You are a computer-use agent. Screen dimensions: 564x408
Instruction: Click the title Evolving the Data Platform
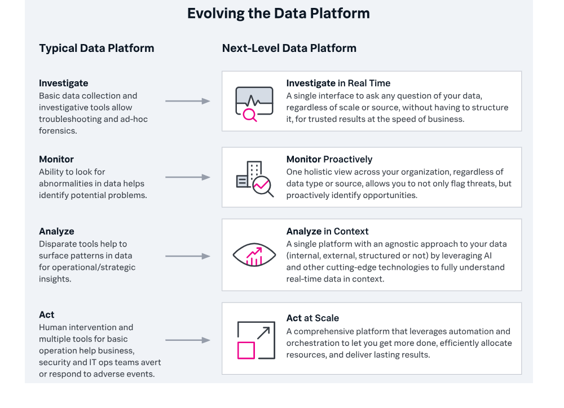[x=279, y=14]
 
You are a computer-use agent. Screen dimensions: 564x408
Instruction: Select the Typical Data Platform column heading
[x=96, y=48]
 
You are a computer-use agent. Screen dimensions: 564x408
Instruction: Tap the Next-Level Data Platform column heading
[x=289, y=48]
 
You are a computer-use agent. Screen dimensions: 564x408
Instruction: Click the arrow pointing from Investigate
[x=188, y=101]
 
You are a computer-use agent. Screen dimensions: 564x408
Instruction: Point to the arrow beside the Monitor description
[x=188, y=177]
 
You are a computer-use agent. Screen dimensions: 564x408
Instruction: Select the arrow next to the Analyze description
[x=188, y=256]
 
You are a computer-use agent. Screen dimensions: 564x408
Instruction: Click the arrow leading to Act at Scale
[x=188, y=340]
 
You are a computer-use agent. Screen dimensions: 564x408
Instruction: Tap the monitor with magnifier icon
[x=254, y=104]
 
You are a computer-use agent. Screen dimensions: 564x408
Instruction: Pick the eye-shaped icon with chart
[x=254, y=255]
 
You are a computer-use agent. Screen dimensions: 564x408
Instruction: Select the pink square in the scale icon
[x=246, y=350]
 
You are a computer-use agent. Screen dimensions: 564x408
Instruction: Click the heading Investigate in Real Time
[x=338, y=83]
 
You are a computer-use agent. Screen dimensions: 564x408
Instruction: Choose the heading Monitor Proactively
[x=329, y=159]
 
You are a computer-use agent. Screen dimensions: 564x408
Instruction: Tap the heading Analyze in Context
[x=327, y=231]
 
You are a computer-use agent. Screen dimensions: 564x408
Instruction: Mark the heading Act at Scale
[x=312, y=318]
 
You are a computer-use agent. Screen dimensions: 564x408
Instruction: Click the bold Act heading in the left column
[x=47, y=315]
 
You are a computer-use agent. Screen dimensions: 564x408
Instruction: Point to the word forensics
[x=58, y=130]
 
